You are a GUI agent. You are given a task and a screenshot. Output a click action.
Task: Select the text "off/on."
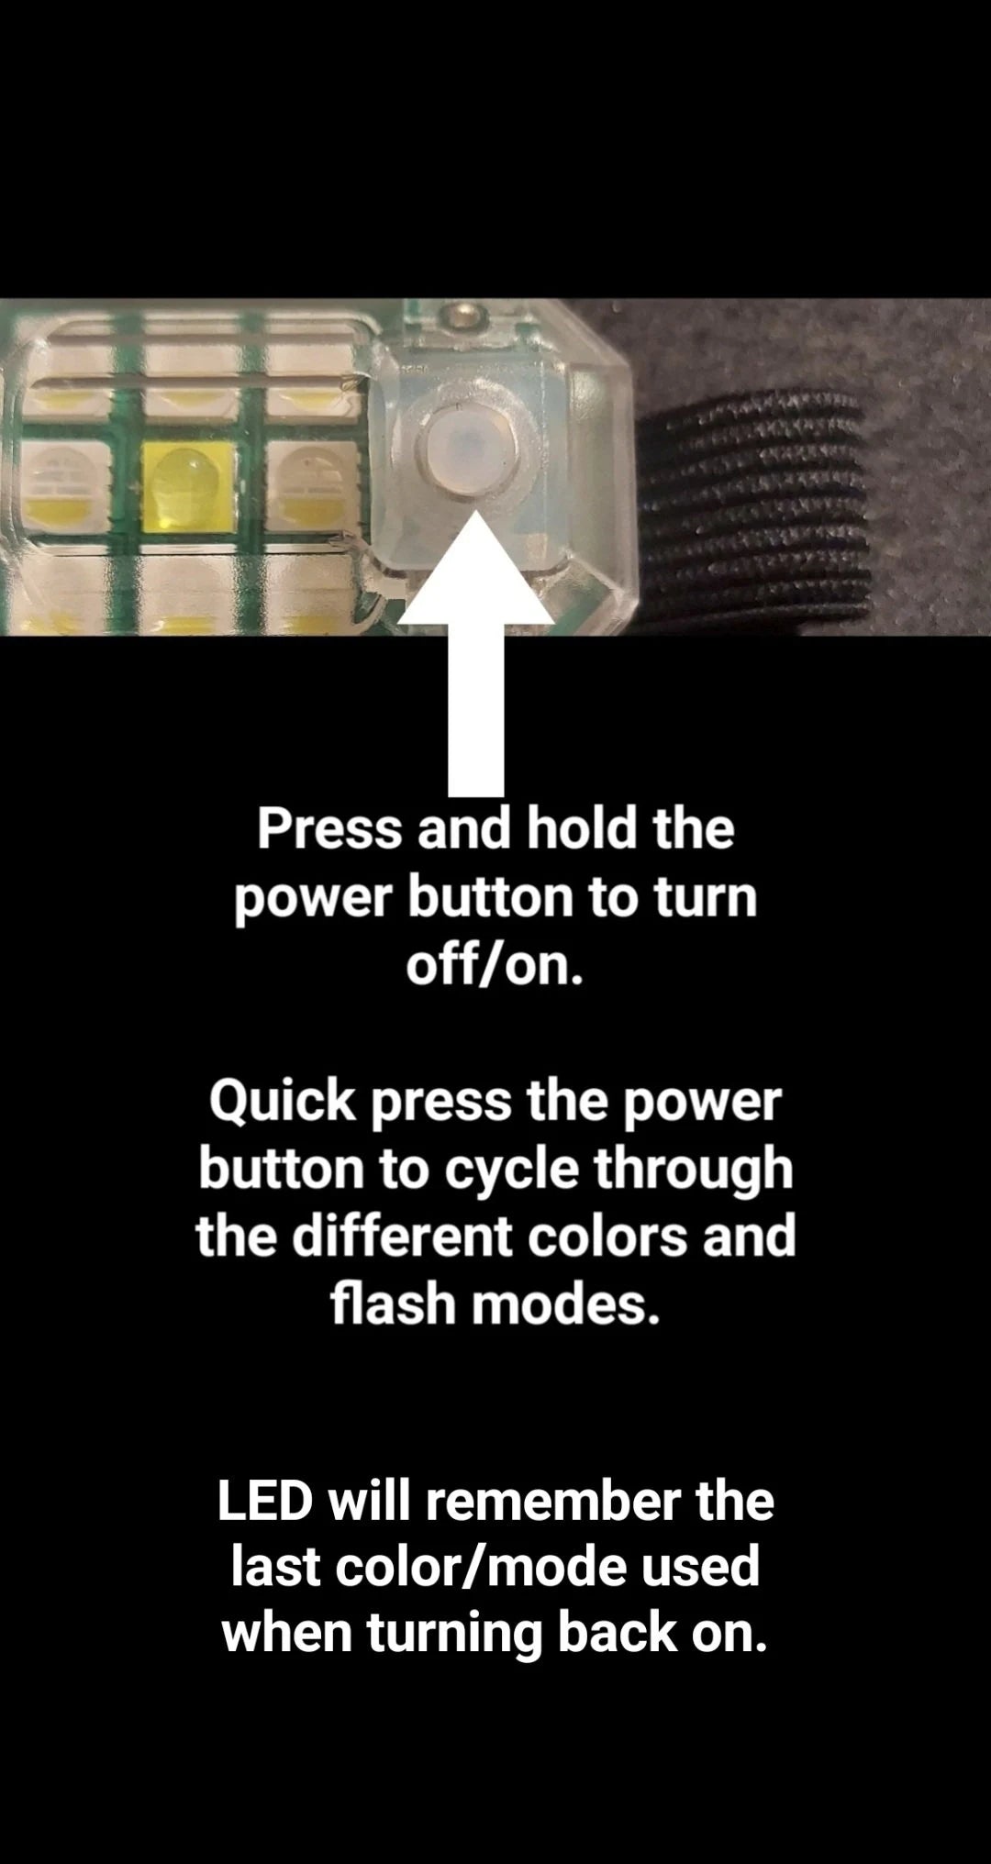coord(495,966)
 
